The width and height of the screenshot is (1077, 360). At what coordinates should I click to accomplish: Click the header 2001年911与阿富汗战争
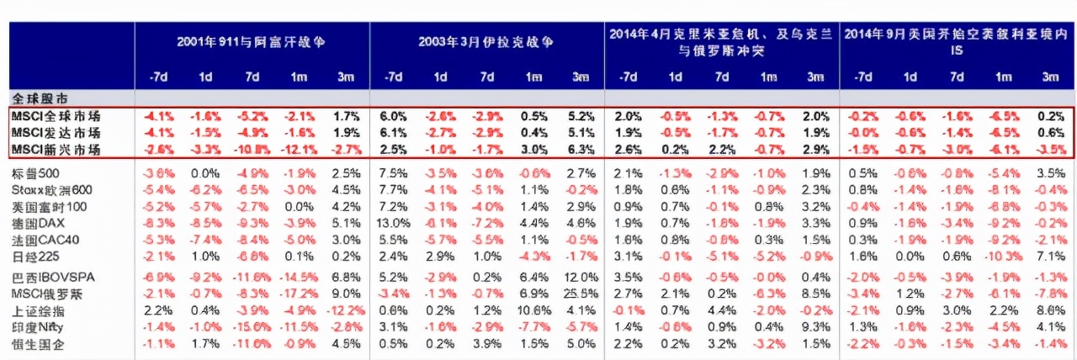click(x=251, y=40)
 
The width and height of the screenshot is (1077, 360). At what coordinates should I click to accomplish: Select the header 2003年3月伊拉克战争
click(x=486, y=40)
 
